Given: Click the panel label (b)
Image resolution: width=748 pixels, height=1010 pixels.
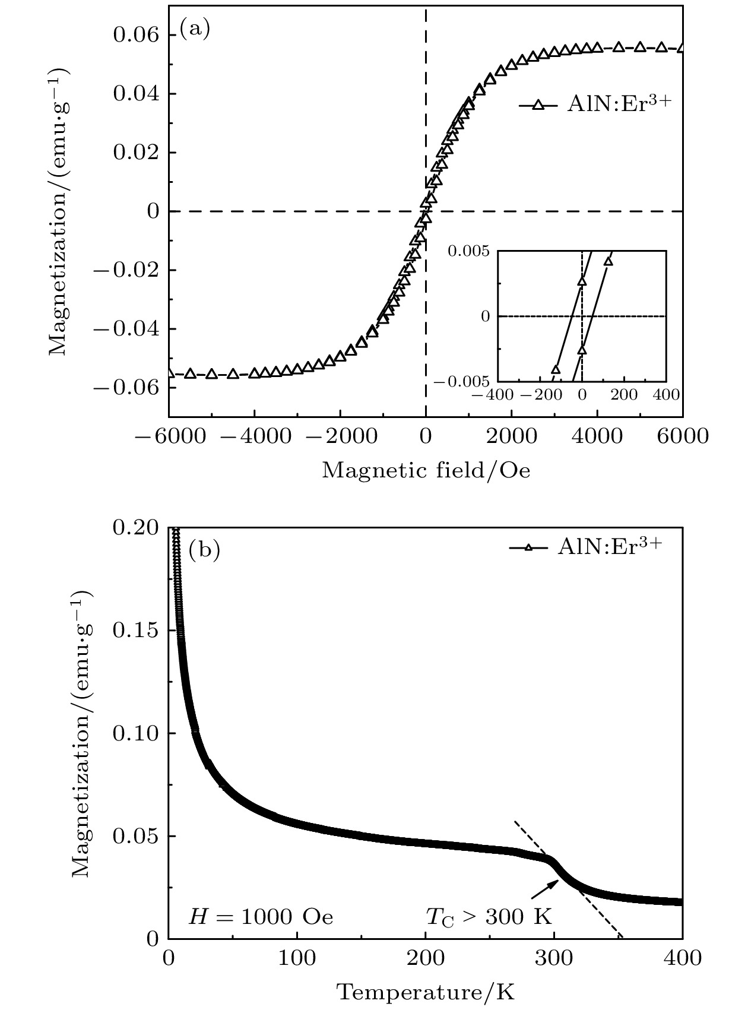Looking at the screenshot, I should click(x=204, y=550).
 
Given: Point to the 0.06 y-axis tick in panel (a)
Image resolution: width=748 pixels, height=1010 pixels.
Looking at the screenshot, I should click(x=136, y=36).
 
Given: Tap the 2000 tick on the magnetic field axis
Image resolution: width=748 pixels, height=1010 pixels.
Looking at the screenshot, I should click(x=511, y=436).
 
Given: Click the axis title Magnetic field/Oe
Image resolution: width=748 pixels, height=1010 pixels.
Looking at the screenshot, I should click(x=426, y=470).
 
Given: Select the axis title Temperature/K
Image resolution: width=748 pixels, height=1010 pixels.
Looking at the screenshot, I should click(x=426, y=992).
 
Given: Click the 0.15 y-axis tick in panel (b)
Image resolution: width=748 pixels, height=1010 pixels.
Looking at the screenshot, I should click(x=136, y=631).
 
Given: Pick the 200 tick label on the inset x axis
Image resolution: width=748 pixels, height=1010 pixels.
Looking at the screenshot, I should click(x=624, y=394).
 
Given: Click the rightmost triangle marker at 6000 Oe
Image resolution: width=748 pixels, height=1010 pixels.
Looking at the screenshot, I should click(x=681, y=49).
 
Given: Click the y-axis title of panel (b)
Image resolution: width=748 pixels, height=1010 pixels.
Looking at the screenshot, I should click(x=83, y=733).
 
